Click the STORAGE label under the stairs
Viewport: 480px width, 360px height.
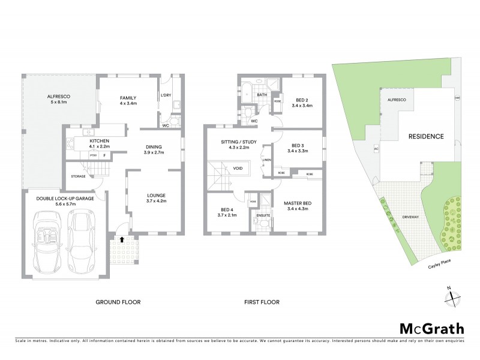(x=79, y=176)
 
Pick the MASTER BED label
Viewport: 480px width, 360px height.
(x=298, y=206)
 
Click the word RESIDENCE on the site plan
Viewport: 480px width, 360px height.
(x=427, y=136)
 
